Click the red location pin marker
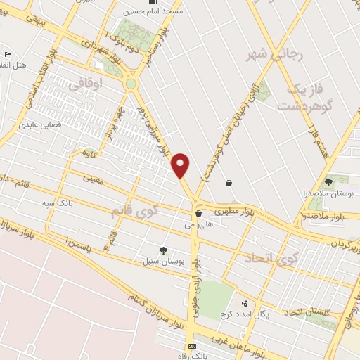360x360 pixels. tap(181, 164)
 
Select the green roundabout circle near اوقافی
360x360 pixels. tap(130, 84)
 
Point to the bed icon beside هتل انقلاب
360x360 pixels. tap(8, 54)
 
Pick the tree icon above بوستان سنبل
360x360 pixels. tap(163, 250)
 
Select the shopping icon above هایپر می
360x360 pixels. tap(199, 213)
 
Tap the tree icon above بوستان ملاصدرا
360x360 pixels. tap(328, 181)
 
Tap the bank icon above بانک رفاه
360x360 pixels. tap(192, 347)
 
